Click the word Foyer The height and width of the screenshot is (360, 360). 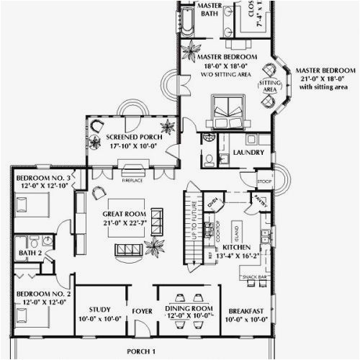(x=141, y=312)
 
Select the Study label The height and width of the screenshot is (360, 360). (x=102, y=310)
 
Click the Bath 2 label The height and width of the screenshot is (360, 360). (x=24, y=253)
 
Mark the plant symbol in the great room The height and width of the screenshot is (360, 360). (x=154, y=248)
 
